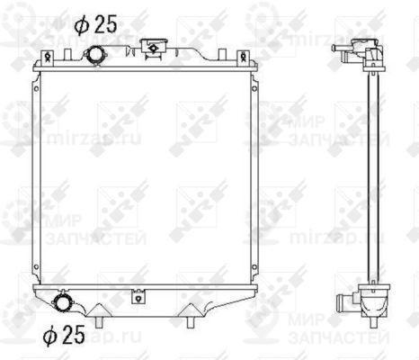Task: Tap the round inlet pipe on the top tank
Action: tap(94, 57)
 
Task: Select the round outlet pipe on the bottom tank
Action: tap(64, 302)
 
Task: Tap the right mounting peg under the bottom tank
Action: tap(192, 316)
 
